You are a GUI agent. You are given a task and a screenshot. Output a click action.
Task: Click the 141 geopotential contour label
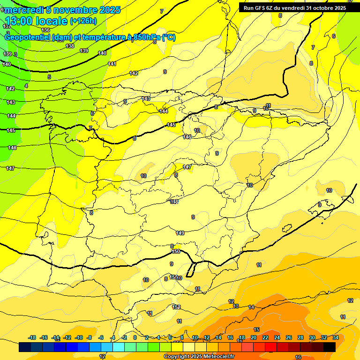point(112,64)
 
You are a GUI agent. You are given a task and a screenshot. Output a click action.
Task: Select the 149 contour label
point(180,233)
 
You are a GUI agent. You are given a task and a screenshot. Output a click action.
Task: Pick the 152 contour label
point(176,307)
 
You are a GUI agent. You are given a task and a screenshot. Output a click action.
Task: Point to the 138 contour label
point(70,46)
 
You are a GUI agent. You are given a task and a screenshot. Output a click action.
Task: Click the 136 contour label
point(45,30)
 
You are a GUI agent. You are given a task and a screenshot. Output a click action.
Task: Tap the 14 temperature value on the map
point(251,307)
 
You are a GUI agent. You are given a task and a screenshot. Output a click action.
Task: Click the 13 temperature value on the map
point(236,306)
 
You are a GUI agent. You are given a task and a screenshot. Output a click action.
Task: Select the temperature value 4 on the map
point(26,86)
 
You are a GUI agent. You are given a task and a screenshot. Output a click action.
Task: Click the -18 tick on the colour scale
point(32,337)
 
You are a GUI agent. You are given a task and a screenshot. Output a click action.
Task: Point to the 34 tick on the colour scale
point(335,337)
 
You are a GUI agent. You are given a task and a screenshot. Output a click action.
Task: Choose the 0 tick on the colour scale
point(135,337)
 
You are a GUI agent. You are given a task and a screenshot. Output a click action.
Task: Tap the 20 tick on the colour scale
point(254,337)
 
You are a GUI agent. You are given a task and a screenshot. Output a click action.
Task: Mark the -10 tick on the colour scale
point(78,337)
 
